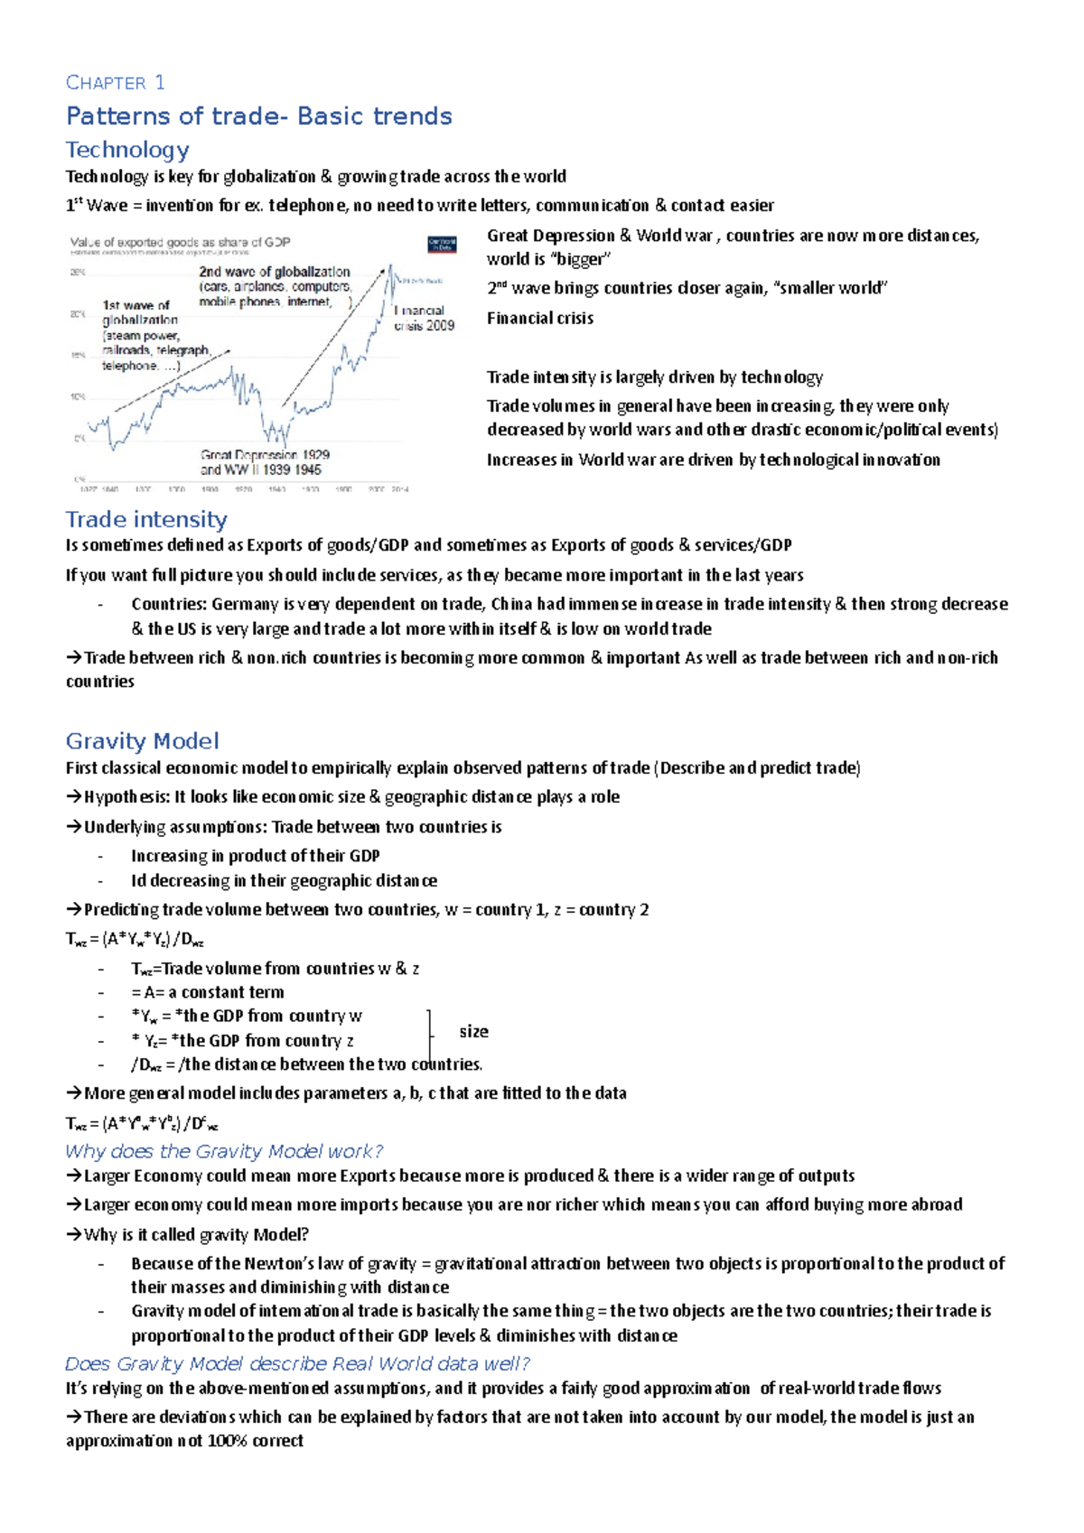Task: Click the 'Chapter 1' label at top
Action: (x=115, y=83)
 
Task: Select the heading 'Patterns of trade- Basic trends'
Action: (x=258, y=116)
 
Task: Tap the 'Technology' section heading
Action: (x=127, y=150)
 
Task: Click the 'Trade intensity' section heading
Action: (x=145, y=519)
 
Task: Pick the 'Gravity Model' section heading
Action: (x=142, y=741)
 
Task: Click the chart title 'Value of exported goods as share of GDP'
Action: (x=180, y=242)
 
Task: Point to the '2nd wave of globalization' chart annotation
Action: (x=274, y=272)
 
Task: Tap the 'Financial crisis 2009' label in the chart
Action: (x=424, y=318)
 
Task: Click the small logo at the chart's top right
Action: (x=442, y=244)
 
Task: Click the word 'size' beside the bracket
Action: (x=473, y=1031)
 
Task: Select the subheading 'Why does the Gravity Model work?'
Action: (x=224, y=1151)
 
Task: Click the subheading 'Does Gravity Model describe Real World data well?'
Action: (x=297, y=1363)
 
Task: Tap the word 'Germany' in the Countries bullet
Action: (x=245, y=604)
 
